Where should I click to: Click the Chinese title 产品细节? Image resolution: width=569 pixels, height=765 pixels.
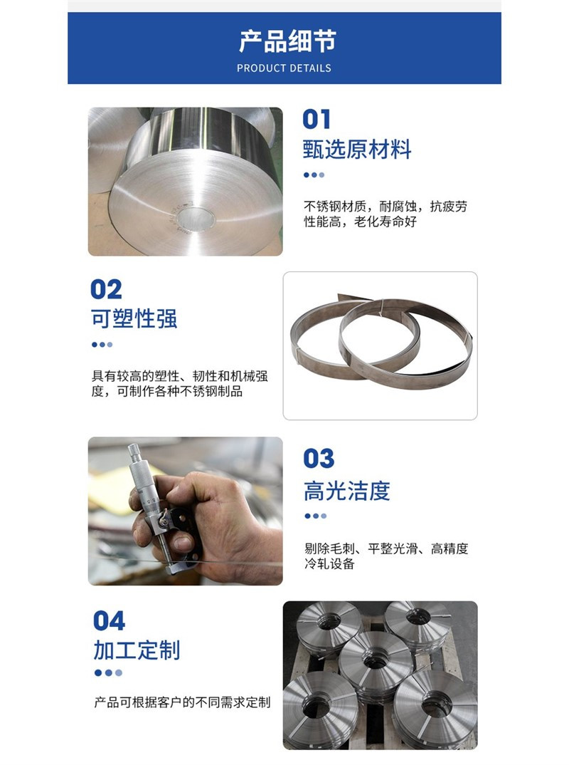tap(287, 41)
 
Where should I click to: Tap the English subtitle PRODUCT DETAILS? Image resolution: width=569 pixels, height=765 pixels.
tap(284, 68)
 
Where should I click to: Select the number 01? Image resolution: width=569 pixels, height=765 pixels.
tap(317, 119)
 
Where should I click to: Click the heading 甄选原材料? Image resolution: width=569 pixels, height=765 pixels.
tap(357, 150)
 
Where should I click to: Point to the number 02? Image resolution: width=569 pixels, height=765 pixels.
tap(106, 289)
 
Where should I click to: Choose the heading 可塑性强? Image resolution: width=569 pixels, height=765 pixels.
tap(134, 318)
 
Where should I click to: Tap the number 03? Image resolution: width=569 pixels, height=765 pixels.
tap(319, 459)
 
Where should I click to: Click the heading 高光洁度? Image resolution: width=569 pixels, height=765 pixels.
tap(347, 491)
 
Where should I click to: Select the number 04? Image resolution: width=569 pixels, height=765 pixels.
tap(109, 621)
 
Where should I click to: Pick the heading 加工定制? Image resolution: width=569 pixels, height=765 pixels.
tap(137, 650)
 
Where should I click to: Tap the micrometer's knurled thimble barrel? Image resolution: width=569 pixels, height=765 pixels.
tap(141, 478)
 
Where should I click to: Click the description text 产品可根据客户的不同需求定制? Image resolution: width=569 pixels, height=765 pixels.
tap(182, 702)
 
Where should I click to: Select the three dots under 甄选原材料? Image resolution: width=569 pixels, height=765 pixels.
tap(314, 175)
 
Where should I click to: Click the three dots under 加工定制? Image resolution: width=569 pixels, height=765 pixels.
tap(108, 673)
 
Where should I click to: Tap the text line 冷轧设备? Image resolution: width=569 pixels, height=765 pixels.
tap(329, 564)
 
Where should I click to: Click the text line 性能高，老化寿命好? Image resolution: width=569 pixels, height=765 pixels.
tap(361, 222)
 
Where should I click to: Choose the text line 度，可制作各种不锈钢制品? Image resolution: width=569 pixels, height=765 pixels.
tap(166, 391)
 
